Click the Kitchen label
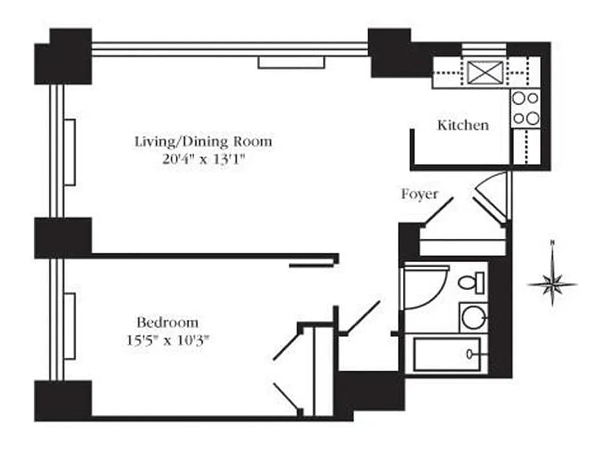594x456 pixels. point(463,125)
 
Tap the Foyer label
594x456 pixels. point(419,194)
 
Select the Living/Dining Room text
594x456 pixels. point(203,141)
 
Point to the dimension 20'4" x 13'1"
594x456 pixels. point(203,160)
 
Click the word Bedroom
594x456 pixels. point(167,323)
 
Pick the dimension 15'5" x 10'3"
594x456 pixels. point(167,341)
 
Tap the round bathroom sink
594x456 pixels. point(474,317)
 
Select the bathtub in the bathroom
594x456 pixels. point(446,355)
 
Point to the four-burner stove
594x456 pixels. point(526,109)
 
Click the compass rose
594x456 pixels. point(551,283)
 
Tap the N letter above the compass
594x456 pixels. point(552,243)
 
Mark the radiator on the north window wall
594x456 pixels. point(291,62)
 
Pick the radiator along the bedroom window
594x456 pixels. point(70,325)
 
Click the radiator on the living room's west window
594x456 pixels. point(70,152)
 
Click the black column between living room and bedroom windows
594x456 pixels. point(63,237)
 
